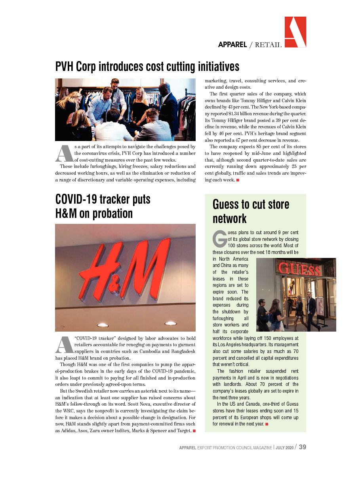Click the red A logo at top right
point(295,32)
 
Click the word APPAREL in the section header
point(232,45)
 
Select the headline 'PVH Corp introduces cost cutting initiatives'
point(147,66)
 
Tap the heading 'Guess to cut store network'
point(251,211)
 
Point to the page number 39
point(302,447)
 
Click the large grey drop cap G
point(219,238)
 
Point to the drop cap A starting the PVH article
point(64,153)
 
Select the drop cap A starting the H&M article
point(64,345)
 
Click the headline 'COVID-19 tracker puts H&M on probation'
point(103,206)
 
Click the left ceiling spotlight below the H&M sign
point(103,325)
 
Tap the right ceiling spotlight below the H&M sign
point(170,323)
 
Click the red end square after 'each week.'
point(238,180)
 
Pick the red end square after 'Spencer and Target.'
point(193,431)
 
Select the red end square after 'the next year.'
point(267,424)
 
